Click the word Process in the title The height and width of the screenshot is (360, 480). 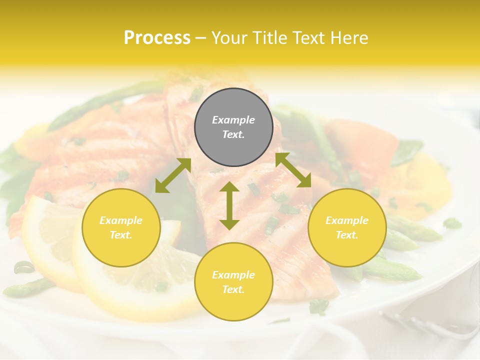click(x=157, y=38)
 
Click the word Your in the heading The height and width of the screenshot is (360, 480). click(x=230, y=38)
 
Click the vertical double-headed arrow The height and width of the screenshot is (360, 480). click(x=229, y=205)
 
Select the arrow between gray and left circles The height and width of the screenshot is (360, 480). click(x=173, y=175)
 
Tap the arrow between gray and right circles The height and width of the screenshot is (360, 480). click(x=293, y=170)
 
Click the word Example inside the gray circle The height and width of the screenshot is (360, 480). click(x=233, y=120)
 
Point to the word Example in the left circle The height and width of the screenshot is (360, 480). click(x=121, y=220)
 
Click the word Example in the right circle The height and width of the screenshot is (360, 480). click(x=347, y=220)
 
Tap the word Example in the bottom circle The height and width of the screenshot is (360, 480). click(x=233, y=275)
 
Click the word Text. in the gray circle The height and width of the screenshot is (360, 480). click(x=233, y=134)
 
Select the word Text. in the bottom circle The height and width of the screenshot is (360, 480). click(x=233, y=289)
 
